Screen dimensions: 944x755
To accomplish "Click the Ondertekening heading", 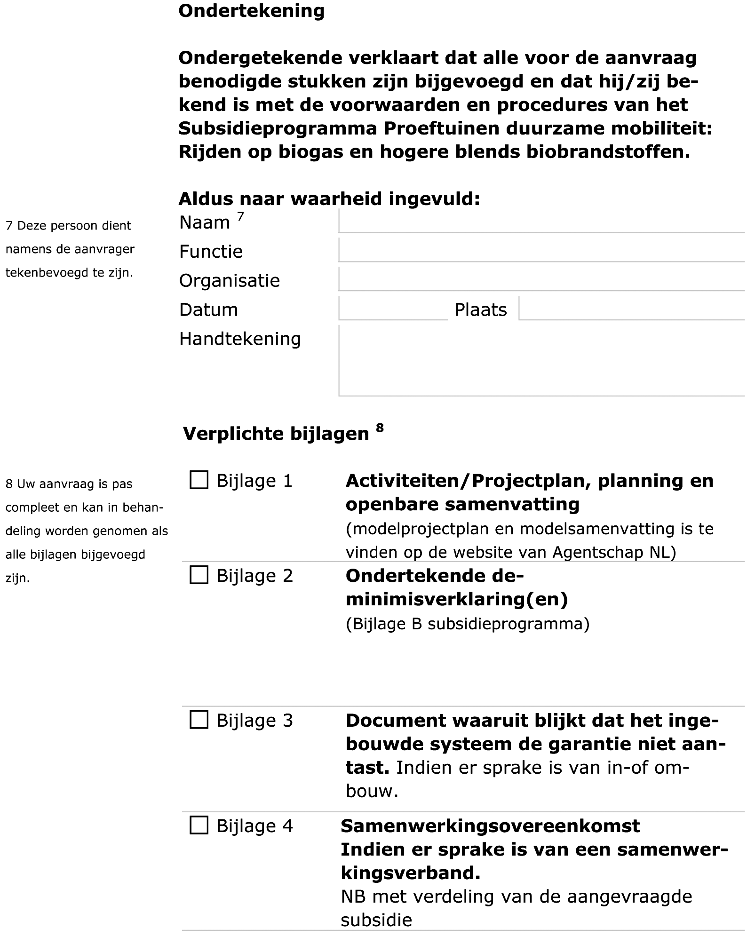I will click(251, 11).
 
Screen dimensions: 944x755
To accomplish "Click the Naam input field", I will click(541, 222).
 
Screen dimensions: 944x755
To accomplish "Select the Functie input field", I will click(541, 251).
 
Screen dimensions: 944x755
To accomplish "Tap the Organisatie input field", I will click(541, 280).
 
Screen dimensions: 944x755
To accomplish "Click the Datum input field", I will click(393, 309).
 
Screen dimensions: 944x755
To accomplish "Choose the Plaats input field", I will click(631, 309).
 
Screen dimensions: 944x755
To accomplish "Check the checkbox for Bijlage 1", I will click(199, 480).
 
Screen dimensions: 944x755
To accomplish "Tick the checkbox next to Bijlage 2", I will click(199, 575).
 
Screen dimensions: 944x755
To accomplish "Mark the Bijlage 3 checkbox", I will click(199, 720).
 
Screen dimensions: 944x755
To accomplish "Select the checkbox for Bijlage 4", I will click(199, 825).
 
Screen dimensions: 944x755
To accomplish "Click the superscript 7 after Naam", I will click(240, 216).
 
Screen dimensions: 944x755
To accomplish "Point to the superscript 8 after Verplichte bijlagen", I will click(380, 428).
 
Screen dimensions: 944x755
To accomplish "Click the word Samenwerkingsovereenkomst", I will click(490, 826).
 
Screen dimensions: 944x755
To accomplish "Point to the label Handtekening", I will click(240, 339).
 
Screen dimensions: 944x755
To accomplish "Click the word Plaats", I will click(481, 310).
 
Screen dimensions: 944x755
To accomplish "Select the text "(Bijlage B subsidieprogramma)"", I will click(467, 624).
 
